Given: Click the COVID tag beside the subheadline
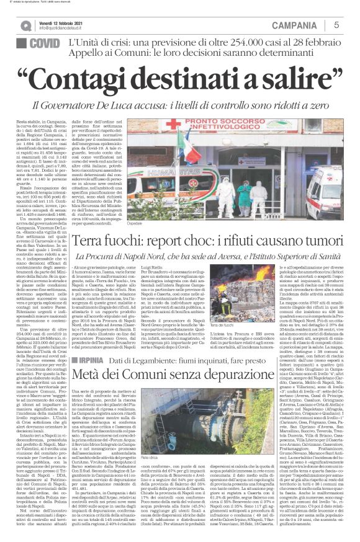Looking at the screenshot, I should point(43,45).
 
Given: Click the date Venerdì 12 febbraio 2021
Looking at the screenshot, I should point(61,22).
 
